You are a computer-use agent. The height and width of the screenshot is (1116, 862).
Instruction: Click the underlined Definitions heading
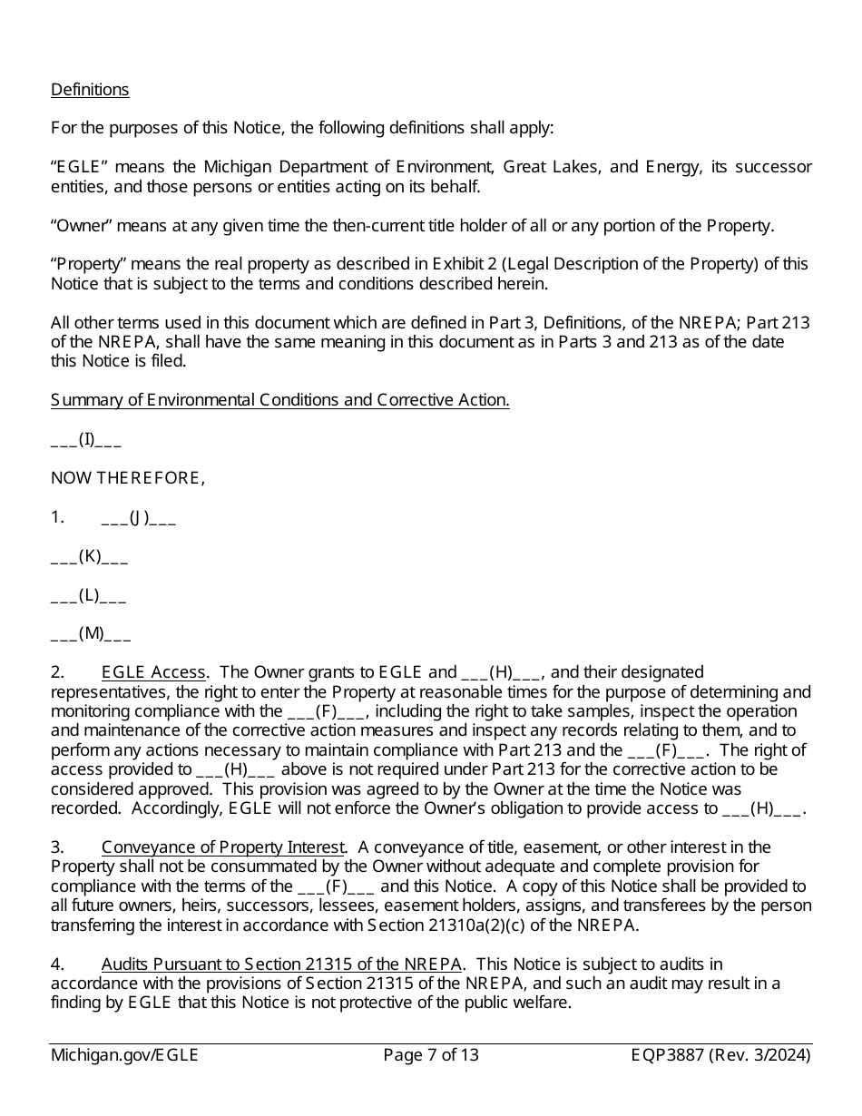pos(90,90)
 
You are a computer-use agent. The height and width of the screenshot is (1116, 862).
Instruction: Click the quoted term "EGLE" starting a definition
pos(80,167)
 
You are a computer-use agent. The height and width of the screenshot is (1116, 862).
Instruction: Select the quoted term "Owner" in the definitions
pos(80,226)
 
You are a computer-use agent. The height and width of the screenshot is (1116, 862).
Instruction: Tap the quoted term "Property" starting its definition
pos(88,264)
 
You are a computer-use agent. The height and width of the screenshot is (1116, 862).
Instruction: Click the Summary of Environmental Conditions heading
pos(279,400)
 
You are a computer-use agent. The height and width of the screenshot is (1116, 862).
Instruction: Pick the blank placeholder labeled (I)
pos(86,440)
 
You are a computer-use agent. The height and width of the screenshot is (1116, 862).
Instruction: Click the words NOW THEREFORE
pos(127,478)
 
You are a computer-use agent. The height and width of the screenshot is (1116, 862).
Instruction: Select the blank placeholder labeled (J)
pos(138,518)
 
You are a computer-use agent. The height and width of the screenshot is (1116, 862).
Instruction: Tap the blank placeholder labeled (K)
pos(89,556)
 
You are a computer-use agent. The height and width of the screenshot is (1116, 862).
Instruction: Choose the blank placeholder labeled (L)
pos(88,595)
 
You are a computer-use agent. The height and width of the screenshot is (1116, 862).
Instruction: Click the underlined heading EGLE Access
pos(153,672)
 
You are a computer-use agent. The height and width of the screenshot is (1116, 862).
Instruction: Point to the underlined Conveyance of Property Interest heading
pos(222,847)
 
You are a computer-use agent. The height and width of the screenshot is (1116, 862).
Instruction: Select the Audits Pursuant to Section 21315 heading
pos(281,964)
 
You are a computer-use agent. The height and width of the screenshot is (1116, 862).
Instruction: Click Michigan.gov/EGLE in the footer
pos(124,1055)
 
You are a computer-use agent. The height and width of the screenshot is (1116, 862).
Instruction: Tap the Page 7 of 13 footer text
pos(431,1055)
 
